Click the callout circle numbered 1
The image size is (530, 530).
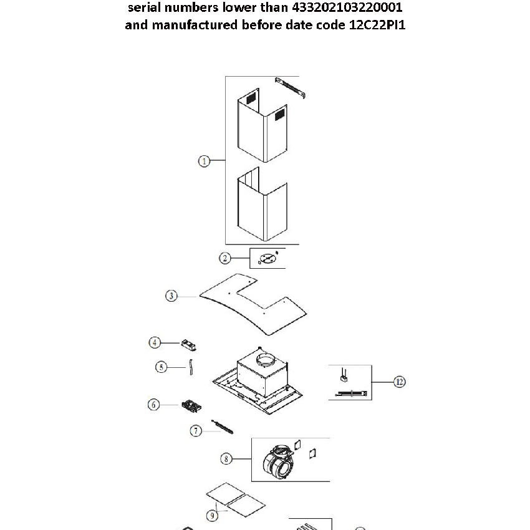(x=203, y=161)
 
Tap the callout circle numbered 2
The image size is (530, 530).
(x=225, y=258)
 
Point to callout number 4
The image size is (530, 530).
(x=155, y=342)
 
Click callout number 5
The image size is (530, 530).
(x=161, y=367)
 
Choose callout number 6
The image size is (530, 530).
(x=154, y=405)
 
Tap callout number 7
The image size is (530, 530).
(x=196, y=430)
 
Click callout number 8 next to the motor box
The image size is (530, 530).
(x=226, y=459)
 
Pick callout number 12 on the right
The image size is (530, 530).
(x=400, y=382)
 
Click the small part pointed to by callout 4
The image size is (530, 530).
(x=189, y=343)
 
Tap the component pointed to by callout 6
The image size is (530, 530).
(x=190, y=407)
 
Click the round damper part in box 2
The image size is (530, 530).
(x=267, y=258)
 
